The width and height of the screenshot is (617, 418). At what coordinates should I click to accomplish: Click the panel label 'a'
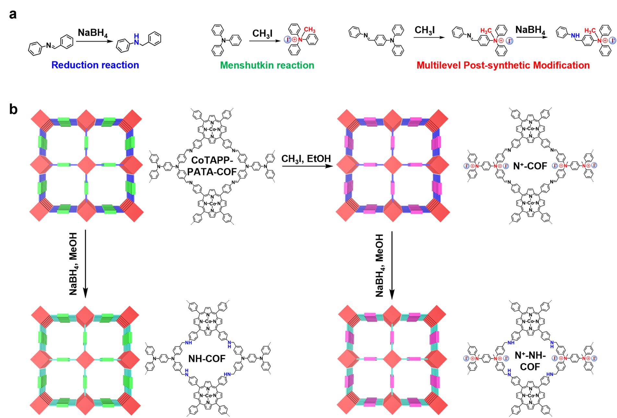pos(13,15)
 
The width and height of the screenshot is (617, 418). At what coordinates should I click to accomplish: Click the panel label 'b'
pos(13,110)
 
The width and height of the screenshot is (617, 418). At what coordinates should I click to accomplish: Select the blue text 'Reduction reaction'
pos(95,65)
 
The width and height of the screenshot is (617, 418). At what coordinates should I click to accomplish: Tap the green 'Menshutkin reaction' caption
pos(267,66)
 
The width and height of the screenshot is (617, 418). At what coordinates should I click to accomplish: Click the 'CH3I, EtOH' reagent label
pos(306,159)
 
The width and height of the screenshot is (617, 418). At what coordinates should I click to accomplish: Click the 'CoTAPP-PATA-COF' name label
pos(212,166)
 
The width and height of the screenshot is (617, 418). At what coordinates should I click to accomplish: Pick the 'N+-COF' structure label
pos(530,166)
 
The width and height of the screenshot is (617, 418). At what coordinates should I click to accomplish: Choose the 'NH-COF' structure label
pos(207,359)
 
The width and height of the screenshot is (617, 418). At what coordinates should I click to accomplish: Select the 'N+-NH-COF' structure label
pos(530,361)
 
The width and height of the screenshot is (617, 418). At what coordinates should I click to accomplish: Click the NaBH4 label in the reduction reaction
pos(93,33)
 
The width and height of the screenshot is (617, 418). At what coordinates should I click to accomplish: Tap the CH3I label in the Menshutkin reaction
pos(262,34)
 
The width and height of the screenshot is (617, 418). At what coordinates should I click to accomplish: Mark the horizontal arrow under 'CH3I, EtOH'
pos(307,166)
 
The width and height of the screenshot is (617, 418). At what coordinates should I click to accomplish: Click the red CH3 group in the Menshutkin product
pos(309,30)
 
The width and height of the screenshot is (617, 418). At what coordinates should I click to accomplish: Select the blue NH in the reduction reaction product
pos(136,39)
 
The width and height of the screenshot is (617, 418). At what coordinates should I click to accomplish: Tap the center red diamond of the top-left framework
pos(86,165)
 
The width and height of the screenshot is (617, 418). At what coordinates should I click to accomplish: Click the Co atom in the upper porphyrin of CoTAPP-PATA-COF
pos(212,129)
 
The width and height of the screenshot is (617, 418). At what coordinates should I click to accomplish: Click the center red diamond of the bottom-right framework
pos(392,359)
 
